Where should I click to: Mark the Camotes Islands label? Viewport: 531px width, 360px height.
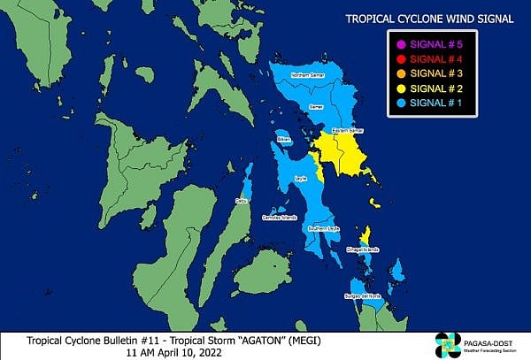tap(277, 217)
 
